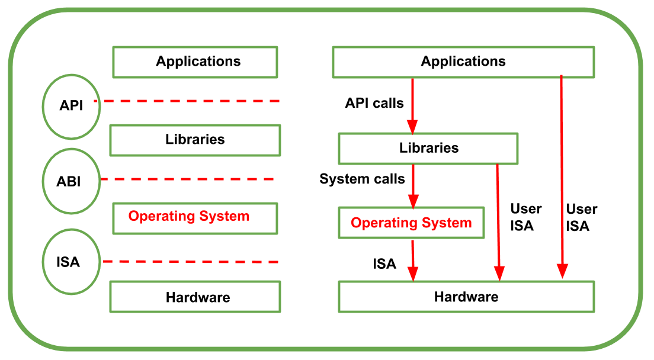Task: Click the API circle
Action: (x=71, y=106)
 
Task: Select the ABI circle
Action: (x=69, y=181)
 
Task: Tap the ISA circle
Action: (x=68, y=262)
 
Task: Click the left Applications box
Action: (x=195, y=62)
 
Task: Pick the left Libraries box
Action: (x=195, y=140)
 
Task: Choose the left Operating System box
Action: (x=195, y=217)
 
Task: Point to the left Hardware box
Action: (x=195, y=297)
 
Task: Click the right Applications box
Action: (x=463, y=62)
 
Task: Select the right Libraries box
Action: (x=428, y=148)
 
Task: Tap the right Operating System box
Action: (x=411, y=223)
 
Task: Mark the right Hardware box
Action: (x=466, y=297)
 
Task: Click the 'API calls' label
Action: (x=374, y=104)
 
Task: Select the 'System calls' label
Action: (x=363, y=179)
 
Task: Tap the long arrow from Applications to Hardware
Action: (x=562, y=178)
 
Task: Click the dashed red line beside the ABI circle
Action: (x=187, y=179)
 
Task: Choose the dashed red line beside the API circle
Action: (x=187, y=101)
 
